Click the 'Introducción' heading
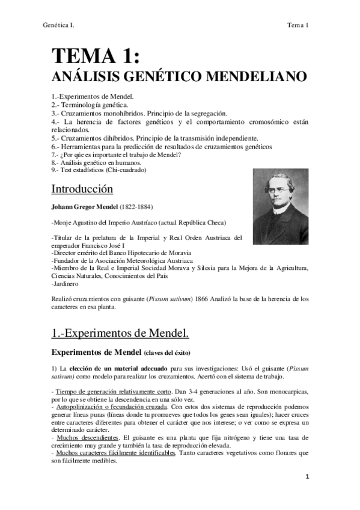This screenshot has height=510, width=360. click(x=82, y=189)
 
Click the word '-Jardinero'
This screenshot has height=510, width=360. click(x=66, y=283)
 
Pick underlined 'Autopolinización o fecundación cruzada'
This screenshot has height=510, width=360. click(x=114, y=407)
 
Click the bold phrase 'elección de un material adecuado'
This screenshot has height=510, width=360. click(x=118, y=367)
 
